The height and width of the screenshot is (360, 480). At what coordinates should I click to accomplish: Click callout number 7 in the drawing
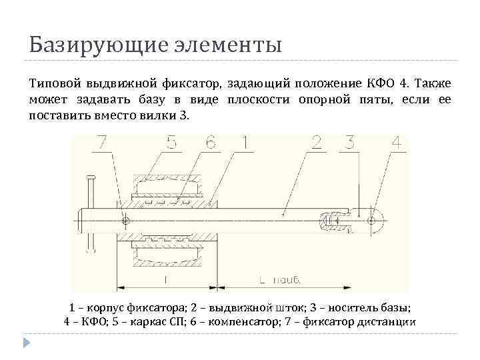[101, 143]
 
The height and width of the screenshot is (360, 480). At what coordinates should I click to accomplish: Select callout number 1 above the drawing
[244, 143]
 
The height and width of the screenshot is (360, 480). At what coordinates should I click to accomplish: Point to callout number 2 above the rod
[317, 143]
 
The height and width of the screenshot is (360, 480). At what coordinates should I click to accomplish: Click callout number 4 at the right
[395, 143]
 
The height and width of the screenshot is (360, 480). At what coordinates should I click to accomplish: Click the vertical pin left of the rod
[89, 213]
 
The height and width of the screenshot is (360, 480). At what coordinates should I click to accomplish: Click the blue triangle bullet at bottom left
[27, 343]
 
